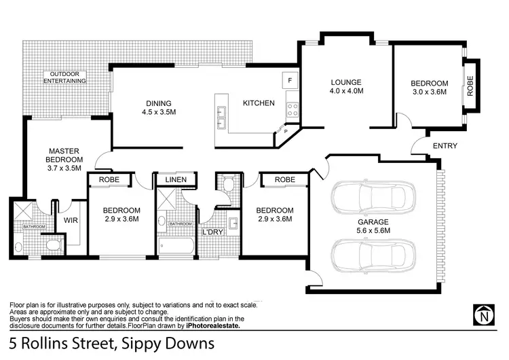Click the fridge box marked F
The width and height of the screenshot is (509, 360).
tap(290, 79)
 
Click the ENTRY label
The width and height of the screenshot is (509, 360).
tap(445, 146)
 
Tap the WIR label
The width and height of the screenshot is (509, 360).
tap(71, 220)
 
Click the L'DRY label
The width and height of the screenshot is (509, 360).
tap(212, 233)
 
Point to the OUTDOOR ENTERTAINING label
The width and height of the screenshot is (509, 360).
tap(65, 77)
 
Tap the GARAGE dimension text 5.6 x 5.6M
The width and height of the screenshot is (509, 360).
tap(373, 231)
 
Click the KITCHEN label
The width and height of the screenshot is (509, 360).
tap(259, 103)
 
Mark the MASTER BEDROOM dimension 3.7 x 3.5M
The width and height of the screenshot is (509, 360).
tap(64, 168)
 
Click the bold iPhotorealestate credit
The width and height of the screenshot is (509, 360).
tap(208, 325)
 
